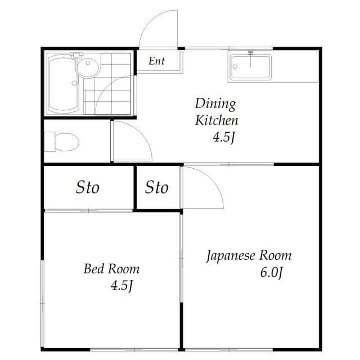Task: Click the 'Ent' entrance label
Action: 156,61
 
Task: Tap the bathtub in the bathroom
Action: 63,84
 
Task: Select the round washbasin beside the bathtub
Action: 87,69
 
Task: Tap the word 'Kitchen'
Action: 217,120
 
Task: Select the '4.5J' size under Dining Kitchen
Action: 223,137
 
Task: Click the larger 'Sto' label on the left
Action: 88,187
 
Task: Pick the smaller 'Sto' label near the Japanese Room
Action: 156,187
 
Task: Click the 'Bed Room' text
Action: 111,268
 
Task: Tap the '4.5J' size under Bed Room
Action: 121,285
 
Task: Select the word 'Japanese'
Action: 231,256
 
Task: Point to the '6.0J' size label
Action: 271,273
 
